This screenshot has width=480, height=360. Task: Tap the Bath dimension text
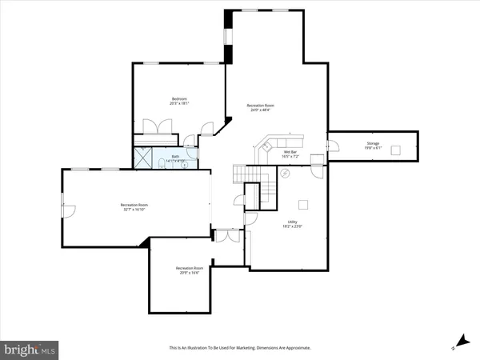[175, 161]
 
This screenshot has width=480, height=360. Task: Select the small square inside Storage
[395, 150]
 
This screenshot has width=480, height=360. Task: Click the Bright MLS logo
[30, 350]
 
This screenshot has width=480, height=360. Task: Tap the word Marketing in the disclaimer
[247, 348]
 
